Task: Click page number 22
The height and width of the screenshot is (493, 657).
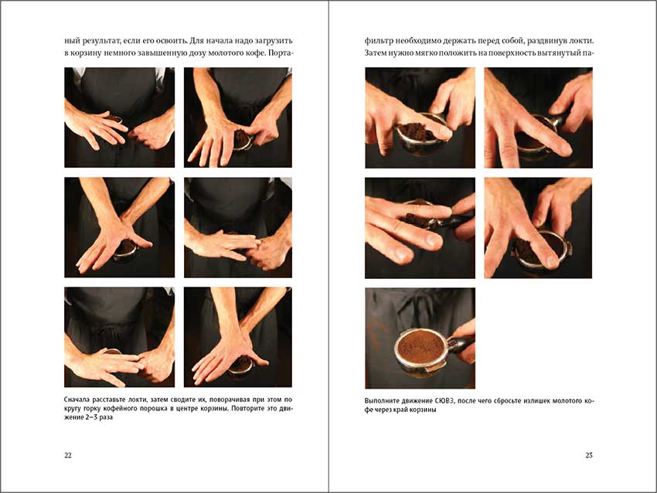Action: [x=68, y=456]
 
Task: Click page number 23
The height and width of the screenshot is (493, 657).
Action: [x=589, y=456]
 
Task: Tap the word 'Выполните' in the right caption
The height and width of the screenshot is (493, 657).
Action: [x=383, y=401]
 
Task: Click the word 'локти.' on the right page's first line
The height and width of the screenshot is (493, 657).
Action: [x=580, y=39]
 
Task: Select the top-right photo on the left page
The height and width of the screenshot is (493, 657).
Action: [x=238, y=117]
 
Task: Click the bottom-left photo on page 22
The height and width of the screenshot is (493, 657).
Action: [x=119, y=337]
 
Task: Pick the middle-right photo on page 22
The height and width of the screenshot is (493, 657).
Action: [x=238, y=227]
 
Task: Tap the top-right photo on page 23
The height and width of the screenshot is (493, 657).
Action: [x=538, y=117]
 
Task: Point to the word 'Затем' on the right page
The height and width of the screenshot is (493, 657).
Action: [x=376, y=53]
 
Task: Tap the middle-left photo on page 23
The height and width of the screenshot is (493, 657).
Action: [x=420, y=228]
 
